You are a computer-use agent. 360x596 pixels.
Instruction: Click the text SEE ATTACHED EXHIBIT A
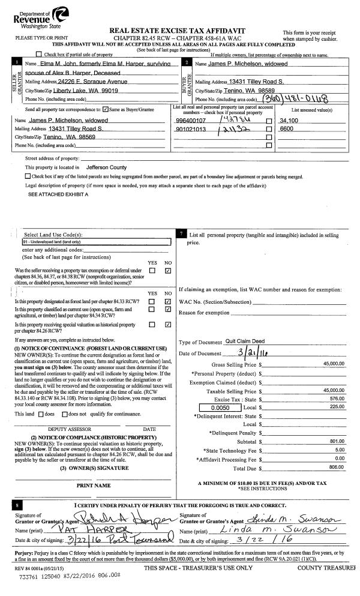58,195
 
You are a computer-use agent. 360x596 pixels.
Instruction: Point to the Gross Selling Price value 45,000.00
334,364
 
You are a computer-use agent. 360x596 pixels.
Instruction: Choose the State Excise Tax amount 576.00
336,398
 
